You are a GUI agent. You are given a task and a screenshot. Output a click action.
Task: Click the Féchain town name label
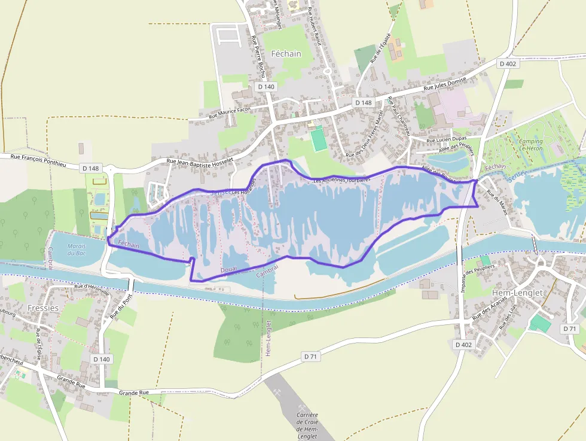(x=286, y=53)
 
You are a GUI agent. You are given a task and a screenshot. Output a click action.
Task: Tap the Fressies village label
(x=43, y=308)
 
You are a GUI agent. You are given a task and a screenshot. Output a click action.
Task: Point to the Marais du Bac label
(x=76, y=250)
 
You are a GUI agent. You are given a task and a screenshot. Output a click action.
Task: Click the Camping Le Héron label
(x=531, y=145)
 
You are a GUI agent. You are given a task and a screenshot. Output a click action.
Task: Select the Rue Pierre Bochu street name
(x=259, y=57)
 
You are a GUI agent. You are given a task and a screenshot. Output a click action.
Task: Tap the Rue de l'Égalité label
(x=380, y=48)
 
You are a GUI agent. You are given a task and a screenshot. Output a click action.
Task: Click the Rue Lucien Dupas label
(x=447, y=139)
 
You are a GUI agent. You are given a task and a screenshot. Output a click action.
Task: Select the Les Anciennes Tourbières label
(x=341, y=180)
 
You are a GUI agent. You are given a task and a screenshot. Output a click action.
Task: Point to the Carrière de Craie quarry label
(x=307, y=425)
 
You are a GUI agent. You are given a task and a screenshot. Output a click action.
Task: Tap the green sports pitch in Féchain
(x=319, y=139)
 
